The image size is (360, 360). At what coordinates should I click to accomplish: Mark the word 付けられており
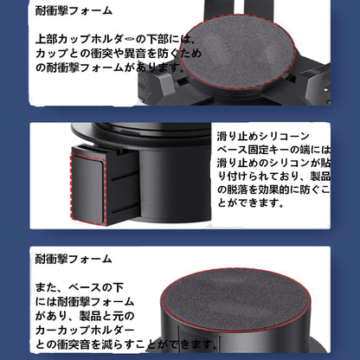251,176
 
